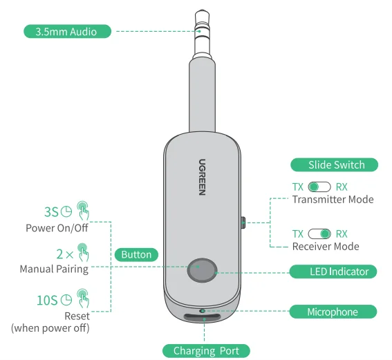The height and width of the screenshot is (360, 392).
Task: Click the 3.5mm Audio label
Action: [67, 31]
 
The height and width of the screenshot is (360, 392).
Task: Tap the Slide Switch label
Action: [335, 165]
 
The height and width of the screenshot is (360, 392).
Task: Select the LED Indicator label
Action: [333, 272]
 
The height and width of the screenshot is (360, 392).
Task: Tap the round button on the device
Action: [202, 271]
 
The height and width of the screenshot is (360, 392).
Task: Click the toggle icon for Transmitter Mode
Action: [319, 187]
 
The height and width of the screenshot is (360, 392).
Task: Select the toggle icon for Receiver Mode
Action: [319, 234]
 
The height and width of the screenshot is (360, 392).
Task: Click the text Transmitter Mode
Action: [333, 200]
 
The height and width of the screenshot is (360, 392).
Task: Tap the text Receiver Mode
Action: [326, 247]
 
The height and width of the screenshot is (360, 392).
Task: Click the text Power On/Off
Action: [57, 228]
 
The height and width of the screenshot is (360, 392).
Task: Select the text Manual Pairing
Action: [54, 269]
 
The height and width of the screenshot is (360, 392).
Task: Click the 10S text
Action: [47, 300]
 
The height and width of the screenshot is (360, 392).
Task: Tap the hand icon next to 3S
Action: [84, 209]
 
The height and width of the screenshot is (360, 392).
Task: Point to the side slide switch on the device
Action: [243, 222]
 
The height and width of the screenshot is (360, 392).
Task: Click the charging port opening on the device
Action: [202, 319]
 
